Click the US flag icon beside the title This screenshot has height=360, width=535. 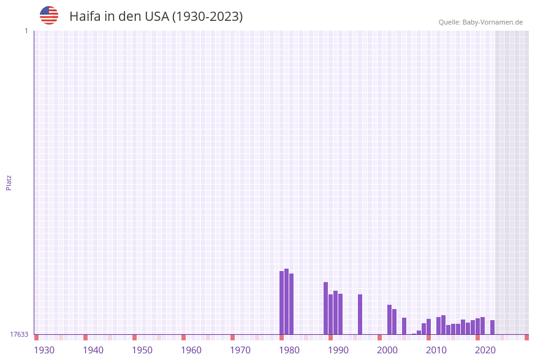tap(49, 15)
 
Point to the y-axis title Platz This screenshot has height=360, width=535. tap(9, 182)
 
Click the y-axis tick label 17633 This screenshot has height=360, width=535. tap(19, 334)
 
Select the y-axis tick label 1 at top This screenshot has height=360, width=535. tap(26, 31)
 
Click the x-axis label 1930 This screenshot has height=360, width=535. tap(44, 350)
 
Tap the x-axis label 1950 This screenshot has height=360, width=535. tap(142, 350)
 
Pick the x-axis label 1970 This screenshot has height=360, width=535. tap(240, 350)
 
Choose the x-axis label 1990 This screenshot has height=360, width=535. tap(338, 350)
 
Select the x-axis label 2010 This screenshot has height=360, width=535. tap(436, 350)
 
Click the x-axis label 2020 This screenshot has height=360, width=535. tap(485, 350)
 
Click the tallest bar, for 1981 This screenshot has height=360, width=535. tap(286, 301)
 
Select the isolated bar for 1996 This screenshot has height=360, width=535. tap(360, 314)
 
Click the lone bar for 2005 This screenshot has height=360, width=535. tap(404, 326)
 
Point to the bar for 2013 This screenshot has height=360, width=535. tap(443, 324)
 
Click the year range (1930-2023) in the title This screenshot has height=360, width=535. tap(207, 17)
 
